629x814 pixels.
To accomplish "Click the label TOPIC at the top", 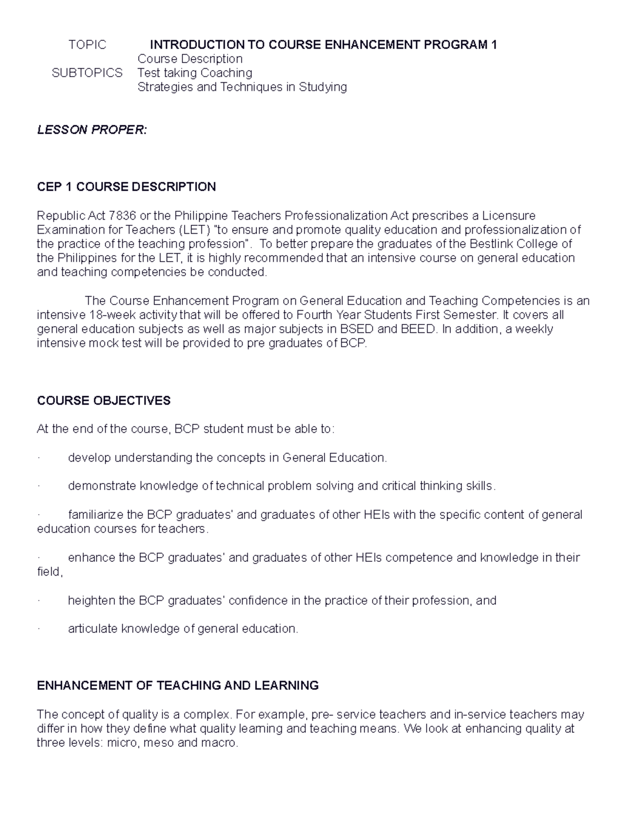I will [x=87, y=45].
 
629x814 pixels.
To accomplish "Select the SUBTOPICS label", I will [x=87, y=73].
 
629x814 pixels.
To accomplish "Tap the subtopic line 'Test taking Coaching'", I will [x=194, y=73].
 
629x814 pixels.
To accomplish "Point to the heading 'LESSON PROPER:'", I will [x=92, y=130].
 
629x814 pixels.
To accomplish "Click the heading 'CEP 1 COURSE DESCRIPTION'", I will [x=126, y=187].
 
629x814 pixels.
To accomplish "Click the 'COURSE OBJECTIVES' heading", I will [x=104, y=401].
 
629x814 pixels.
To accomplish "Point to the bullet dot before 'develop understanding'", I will [x=39, y=459].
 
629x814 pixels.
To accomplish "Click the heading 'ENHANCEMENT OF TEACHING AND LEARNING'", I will [x=178, y=686].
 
